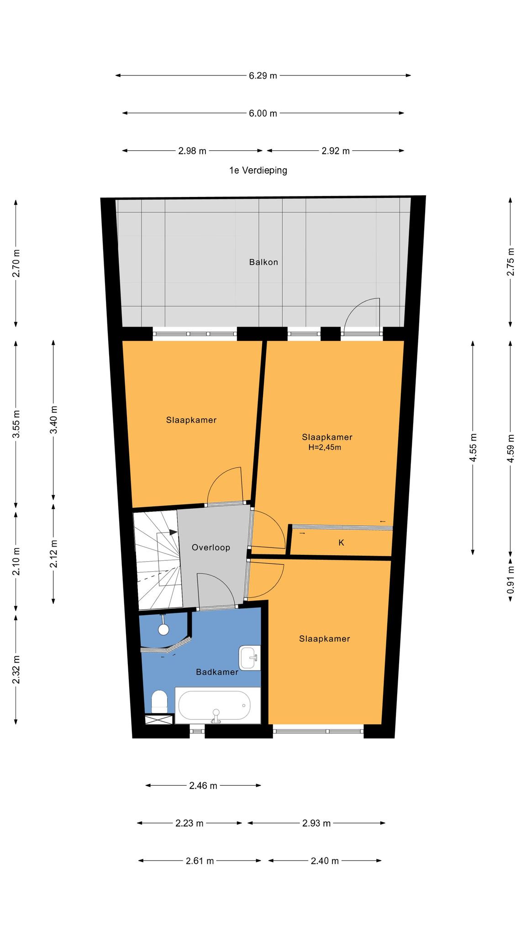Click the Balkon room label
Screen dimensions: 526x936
pos(263,262)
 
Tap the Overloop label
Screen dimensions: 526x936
pos(211,548)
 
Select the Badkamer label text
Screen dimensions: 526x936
pos(217,672)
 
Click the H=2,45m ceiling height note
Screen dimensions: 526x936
pos(325,447)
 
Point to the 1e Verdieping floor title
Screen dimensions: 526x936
pos(258,170)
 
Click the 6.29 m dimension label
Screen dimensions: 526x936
pos(263,76)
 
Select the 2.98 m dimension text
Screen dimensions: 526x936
pos(192,151)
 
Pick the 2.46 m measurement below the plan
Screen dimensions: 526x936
pos(203,786)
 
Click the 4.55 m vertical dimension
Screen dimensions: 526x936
pos(473,448)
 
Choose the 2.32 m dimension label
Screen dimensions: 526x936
pos(16,670)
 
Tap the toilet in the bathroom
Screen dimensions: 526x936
pos(159,702)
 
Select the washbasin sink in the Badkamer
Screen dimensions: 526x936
pos(249,658)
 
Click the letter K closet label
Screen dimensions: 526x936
pos(341,543)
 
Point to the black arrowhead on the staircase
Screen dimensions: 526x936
pos(173,532)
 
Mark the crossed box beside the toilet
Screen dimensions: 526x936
pos(159,719)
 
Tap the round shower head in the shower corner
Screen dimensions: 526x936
pos(163,629)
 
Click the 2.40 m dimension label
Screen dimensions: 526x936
pos(325,861)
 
